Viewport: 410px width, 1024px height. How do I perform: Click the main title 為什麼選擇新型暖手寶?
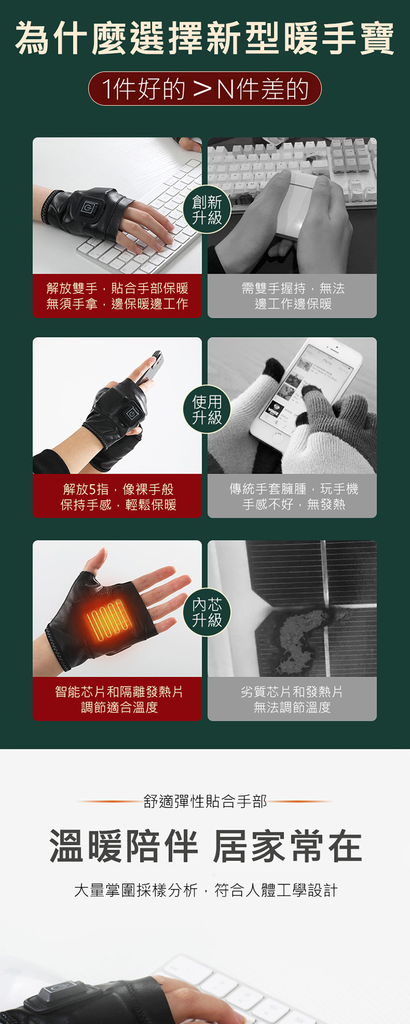(205, 38)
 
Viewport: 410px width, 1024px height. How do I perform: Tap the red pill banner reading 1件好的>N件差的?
(205, 89)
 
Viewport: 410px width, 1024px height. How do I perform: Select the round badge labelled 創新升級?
(207, 210)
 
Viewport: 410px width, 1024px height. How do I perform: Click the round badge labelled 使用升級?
(207, 410)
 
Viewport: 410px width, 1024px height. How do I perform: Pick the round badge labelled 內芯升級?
(207, 612)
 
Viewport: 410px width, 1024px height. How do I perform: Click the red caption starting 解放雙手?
(117, 296)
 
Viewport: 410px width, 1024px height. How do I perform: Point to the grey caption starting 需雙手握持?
(292, 296)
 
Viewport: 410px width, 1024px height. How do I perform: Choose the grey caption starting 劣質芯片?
(292, 699)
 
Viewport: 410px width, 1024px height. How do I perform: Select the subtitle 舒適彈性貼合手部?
(205, 801)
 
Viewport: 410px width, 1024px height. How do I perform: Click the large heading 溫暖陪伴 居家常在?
(205, 846)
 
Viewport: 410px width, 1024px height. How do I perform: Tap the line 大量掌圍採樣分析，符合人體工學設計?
(205, 891)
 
